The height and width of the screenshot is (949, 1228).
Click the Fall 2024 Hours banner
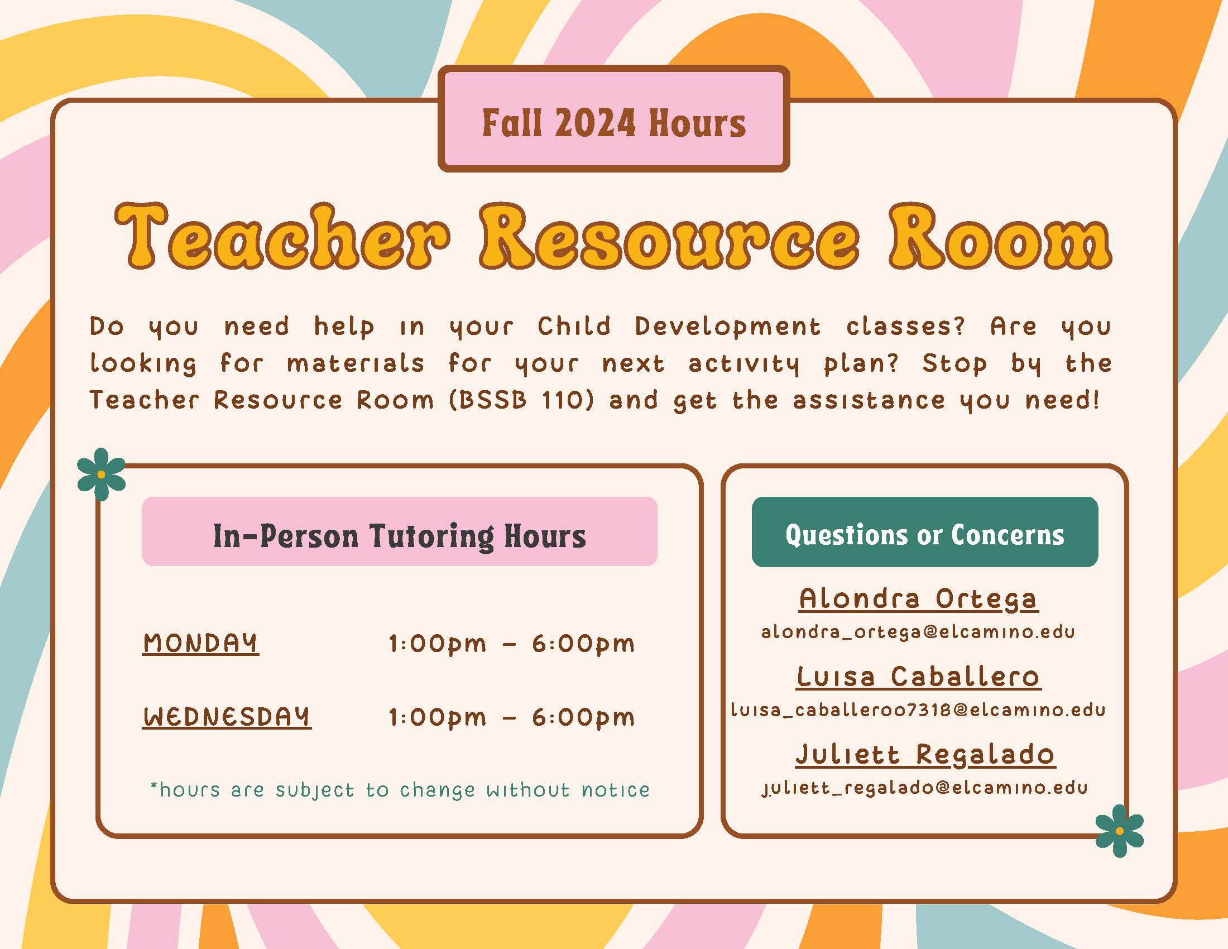614,118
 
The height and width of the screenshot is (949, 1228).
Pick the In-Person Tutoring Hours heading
399,535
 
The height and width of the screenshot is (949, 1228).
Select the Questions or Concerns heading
924,534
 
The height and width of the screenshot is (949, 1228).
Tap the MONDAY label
201,643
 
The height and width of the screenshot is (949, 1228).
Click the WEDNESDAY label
227,717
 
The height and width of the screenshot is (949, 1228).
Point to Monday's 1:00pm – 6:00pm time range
512,644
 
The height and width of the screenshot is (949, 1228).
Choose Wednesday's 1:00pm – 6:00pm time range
512,717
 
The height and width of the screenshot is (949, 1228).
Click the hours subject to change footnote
400,790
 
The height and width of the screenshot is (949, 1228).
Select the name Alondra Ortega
919,600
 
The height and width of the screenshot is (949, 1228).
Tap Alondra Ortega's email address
918,632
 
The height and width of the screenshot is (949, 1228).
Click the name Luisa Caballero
919,677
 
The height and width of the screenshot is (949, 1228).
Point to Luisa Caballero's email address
918,710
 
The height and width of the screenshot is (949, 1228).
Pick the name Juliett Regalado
925,755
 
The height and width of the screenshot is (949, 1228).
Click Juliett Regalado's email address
924,788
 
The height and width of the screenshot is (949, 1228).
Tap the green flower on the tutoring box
101,474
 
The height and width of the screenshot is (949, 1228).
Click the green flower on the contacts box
1120,831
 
